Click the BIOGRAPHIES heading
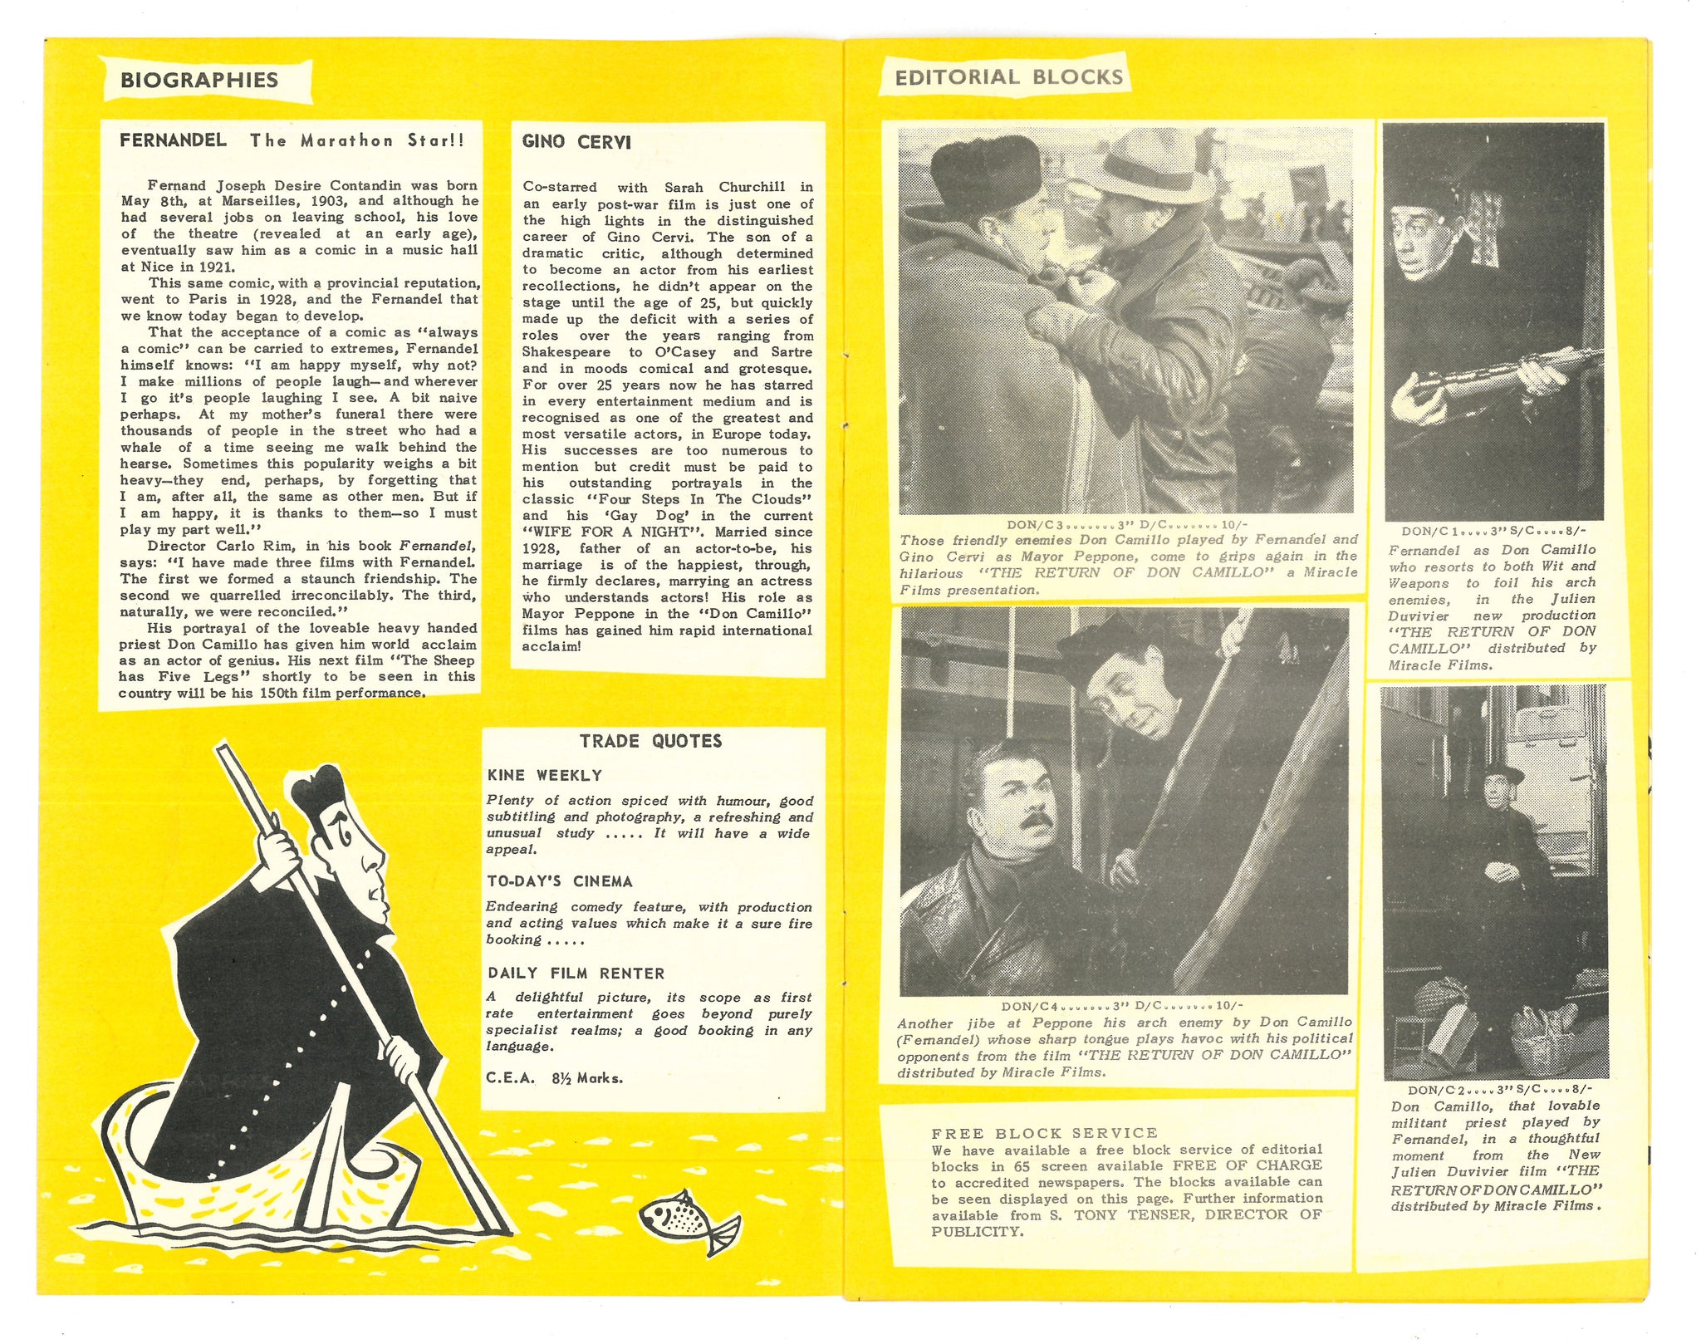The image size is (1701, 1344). point(199,80)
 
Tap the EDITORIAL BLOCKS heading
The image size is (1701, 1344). point(1008,77)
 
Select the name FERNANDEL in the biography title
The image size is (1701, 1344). point(173,140)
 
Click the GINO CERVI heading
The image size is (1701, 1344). point(576,142)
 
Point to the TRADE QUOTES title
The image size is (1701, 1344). point(650,741)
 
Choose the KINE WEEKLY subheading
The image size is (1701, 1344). point(544,775)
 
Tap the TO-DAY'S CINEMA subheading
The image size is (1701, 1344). point(560,881)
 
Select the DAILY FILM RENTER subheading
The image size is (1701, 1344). point(576,973)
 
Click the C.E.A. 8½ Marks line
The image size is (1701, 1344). point(554,1078)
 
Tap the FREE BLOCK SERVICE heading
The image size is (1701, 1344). point(1044,1133)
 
